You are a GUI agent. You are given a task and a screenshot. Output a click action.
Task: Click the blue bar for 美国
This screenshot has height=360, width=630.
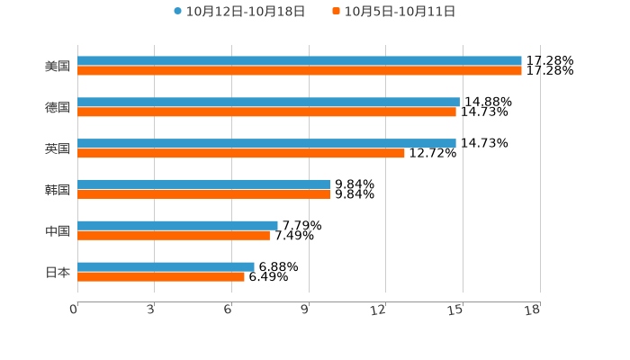(x=299, y=61)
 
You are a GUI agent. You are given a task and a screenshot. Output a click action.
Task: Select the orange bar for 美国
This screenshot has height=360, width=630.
(x=299, y=71)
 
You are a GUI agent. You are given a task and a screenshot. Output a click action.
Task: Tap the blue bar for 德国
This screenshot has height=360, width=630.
(x=268, y=103)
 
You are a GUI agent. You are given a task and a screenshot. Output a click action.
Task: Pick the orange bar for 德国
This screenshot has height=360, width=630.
(x=266, y=112)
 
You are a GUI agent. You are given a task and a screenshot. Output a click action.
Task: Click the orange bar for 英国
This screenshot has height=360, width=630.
(x=241, y=154)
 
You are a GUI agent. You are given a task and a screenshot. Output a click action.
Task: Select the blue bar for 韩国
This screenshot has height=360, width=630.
(x=203, y=184)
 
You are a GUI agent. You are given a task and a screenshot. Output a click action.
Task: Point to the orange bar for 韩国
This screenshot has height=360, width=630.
(x=203, y=194)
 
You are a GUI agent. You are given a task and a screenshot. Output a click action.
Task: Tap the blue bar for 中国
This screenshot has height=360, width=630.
(x=177, y=226)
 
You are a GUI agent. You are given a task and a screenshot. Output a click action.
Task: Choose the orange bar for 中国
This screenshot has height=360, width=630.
(x=174, y=236)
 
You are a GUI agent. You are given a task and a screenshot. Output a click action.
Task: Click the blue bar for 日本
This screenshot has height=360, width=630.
(x=166, y=266)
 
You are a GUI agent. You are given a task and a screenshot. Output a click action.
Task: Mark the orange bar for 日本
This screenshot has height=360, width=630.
(x=161, y=277)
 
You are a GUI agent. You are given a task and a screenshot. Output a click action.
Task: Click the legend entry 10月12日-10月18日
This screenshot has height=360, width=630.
(x=239, y=12)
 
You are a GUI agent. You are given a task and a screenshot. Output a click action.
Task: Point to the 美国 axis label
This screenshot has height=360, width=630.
(x=58, y=67)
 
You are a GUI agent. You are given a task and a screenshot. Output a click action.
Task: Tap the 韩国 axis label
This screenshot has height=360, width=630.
(x=58, y=190)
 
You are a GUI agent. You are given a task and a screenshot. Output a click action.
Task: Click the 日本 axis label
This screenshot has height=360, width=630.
(x=58, y=273)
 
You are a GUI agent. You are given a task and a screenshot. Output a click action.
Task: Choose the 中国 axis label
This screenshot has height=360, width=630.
(x=58, y=231)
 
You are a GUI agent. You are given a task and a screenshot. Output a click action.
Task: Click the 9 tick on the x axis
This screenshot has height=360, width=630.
(x=305, y=310)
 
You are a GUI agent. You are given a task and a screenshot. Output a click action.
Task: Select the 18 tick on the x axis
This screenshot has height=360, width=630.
(x=532, y=310)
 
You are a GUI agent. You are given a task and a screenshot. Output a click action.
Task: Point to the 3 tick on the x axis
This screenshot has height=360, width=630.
(x=151, y=310)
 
